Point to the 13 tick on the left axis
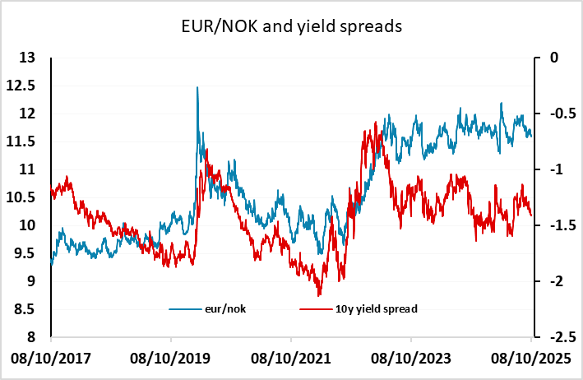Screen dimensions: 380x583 tap(27, 58)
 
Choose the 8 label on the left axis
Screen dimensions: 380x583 tap(30, 337)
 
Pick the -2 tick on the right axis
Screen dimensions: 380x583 tap(553, 281)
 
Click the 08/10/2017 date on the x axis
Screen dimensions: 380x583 tap(51, 359)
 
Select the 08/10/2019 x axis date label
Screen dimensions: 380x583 tap(171, 359)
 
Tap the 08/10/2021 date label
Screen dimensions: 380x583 tap(291, 359)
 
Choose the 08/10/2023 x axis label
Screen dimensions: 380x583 tap(411, 359)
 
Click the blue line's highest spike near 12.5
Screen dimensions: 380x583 tap(197, 87)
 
